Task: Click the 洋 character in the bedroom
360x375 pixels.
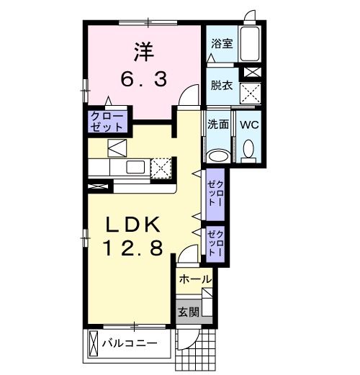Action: pos(143,53)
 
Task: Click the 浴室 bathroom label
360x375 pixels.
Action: pos(220,44)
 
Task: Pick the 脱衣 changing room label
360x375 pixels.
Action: pos(220,85)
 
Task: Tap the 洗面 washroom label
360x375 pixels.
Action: pos(218,124)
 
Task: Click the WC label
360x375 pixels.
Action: pos(249,124)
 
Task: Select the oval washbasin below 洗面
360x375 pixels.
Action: pos(217,155)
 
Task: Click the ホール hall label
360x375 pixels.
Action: pos(194,279)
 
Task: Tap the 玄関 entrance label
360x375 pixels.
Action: pos(189,312)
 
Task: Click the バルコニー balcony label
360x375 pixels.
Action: pos(130,343)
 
